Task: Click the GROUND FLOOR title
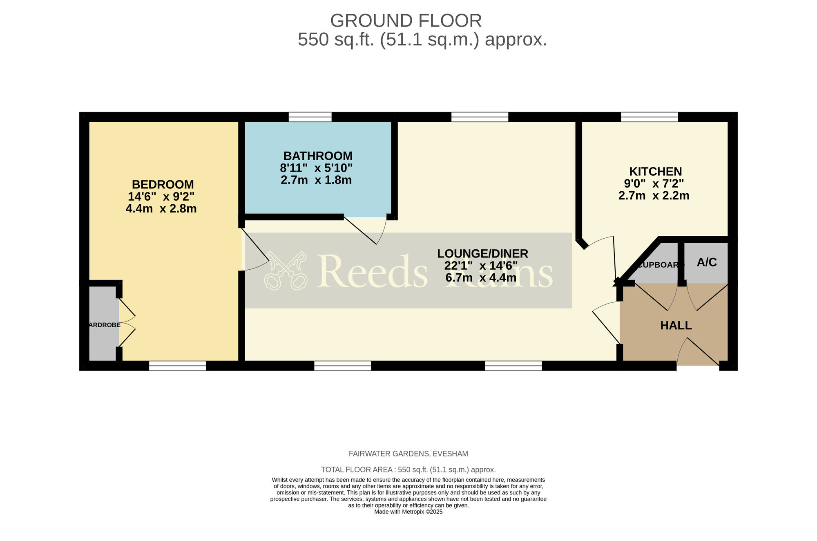coord(406,21)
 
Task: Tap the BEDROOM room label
coord(163,184)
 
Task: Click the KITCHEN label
coord(655,171)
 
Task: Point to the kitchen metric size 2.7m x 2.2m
coord(654,196)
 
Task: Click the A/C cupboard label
coord(707,262)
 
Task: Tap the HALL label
coord(676,326)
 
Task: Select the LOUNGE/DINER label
coord(482,254)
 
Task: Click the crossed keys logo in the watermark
coord(285,270)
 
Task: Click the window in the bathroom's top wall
coord(310,117)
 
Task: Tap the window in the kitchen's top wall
coord(649,117)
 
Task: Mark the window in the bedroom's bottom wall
coord(177,366)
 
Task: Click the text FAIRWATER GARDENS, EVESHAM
coord(408,454)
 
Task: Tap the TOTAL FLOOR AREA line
coord(408,469)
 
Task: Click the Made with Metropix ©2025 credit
coord(408,512)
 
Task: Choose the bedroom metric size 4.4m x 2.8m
coord(161,209)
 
